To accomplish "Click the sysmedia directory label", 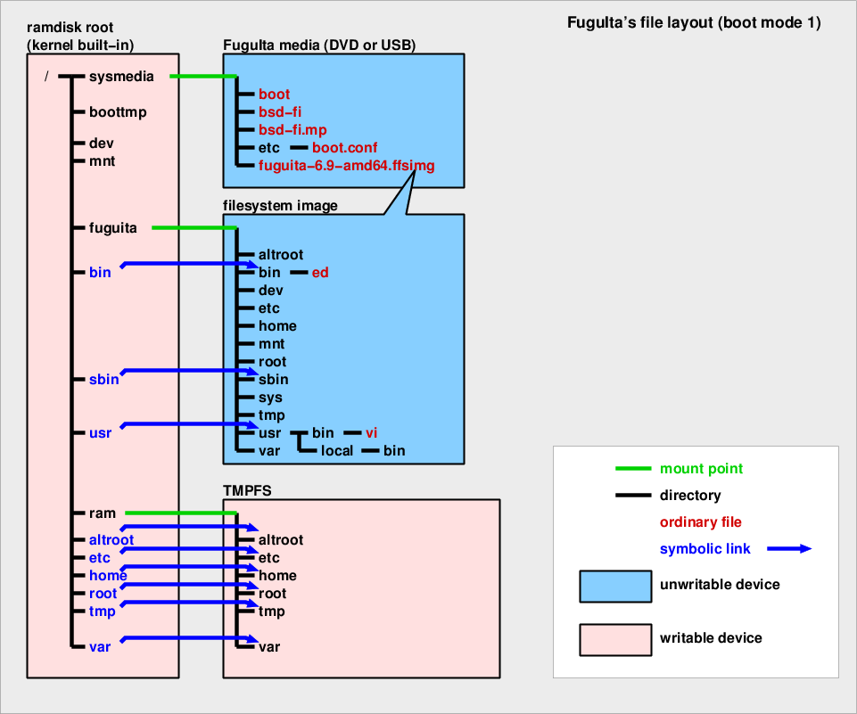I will point(121,77).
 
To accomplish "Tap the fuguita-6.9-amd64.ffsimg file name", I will point(347,166).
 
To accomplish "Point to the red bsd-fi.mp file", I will point(293,130).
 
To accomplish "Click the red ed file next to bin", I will point(320,273).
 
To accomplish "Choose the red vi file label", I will point(372,433).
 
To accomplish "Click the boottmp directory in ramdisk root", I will point(118,112).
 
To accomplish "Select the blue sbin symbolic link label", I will point(104,380).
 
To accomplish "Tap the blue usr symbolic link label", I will point(100,433).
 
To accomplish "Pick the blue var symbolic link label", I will point(100,647).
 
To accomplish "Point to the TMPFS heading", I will point(246,489).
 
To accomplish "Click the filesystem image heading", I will point(280,206).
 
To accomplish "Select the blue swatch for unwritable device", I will point(615,586).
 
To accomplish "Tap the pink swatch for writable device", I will point(615,638).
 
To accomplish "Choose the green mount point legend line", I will point(633,469).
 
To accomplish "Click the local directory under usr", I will point(338,451).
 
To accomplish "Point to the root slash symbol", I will point(46,77).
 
